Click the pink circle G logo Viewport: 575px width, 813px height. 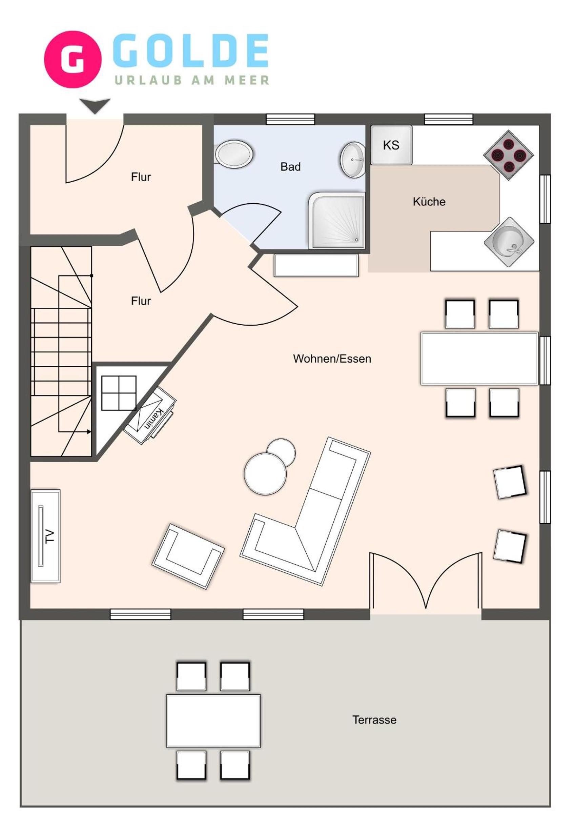pos(73,59)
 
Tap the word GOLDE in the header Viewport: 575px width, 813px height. pos(190,50)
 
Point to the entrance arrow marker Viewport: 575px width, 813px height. pos(95,106)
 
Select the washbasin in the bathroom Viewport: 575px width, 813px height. pos(353,160)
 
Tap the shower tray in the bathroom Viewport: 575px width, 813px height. pos(337,220)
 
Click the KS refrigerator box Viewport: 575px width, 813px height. pos(391,145)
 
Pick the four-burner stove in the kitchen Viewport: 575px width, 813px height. pos(509,155)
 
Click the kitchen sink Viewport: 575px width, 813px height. pos(509,242)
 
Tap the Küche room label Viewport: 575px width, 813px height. pos(429,202)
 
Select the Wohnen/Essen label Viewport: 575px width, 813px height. pos(332,359)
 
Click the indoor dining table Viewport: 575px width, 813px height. pos(479,358)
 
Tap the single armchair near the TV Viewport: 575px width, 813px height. pos(188,556)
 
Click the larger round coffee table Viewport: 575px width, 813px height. pos(265,474)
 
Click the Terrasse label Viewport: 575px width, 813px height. pos(374,720)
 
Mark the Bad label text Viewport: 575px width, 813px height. pos(290,166)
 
